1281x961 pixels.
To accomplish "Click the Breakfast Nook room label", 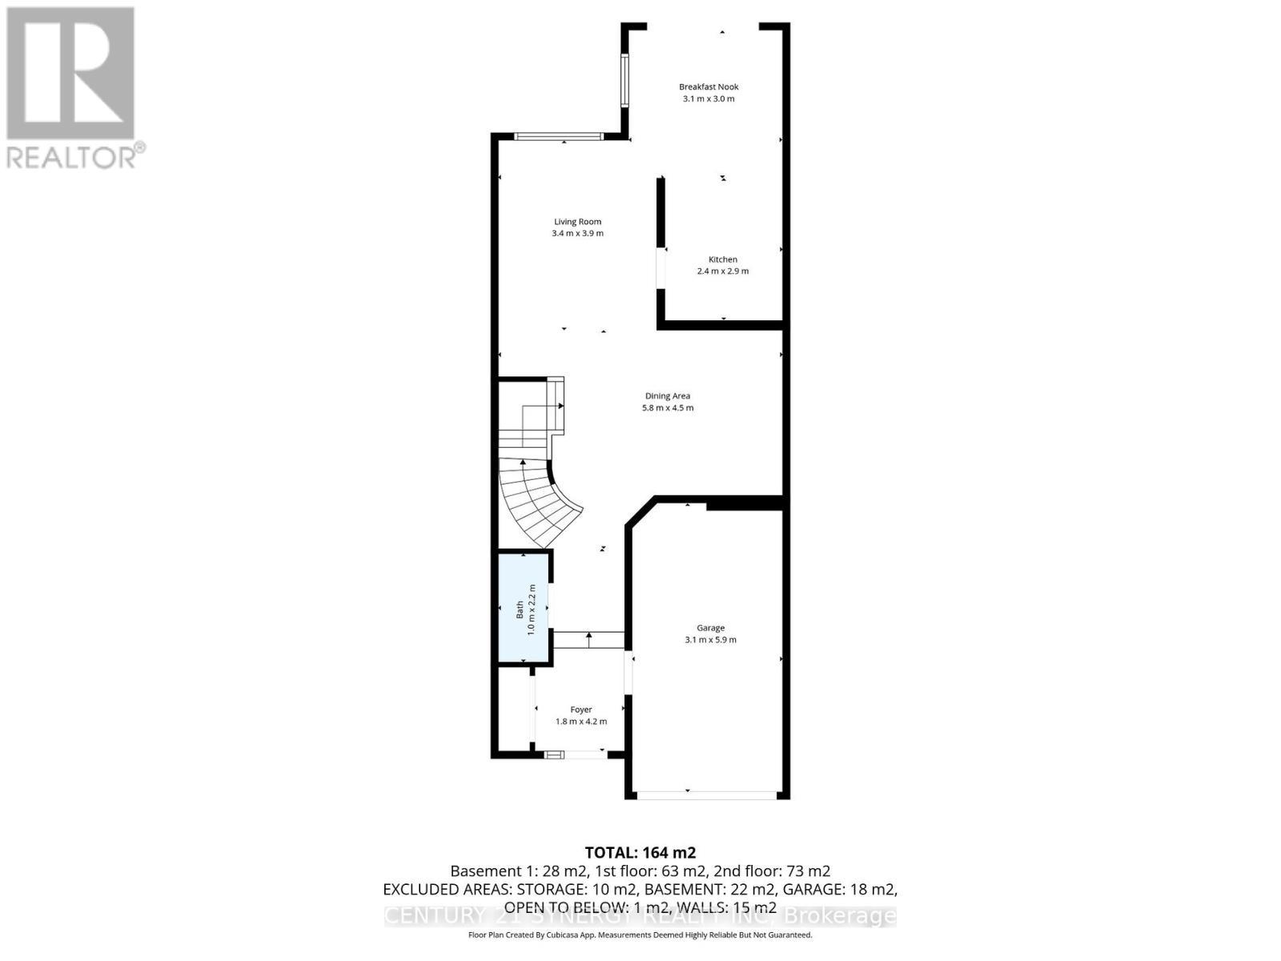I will click(709, 86).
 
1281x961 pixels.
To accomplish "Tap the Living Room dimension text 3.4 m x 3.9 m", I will click(577, 234).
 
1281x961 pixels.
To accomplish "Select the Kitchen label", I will click(722, 259).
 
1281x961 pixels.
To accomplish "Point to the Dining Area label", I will click(667, 396).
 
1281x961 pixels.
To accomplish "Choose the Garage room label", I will click(710, 628).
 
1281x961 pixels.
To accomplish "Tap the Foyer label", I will click(580, 710).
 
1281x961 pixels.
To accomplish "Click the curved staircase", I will click(536, 497).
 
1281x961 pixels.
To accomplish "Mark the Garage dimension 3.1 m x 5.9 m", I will click(710, 640).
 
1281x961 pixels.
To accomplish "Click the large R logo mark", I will click(70, 74).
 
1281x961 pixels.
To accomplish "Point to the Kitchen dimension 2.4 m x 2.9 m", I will click(722, 271).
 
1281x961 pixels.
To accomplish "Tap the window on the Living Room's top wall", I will click(558, 137).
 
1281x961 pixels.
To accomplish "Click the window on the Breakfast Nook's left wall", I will click(624, 80).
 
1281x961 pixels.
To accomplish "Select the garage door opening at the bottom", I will click(707, 795).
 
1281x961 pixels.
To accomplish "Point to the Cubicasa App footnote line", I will click(640, 935).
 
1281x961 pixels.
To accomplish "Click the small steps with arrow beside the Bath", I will click(588, 640).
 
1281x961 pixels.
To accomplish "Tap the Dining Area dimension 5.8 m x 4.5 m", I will click(667, 408).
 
